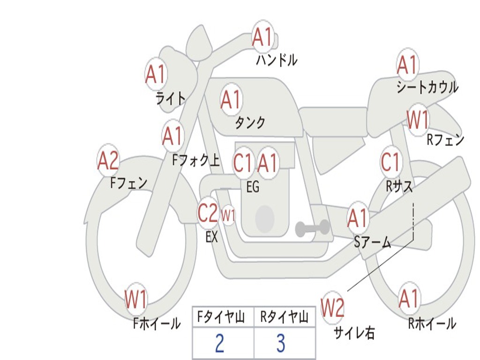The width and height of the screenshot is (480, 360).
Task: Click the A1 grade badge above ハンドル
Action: tap(262, 37)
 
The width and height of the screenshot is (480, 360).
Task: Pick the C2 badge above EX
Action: tap(208, 212)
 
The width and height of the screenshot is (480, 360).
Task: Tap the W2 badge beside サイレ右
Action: tap(332, 307)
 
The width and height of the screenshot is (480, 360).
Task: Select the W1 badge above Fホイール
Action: tap(136, 299)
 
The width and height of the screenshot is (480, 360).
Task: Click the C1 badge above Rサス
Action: tap(391, 161)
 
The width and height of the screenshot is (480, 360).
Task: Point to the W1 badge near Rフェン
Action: tap(418, 120)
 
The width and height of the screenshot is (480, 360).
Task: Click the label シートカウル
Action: tap(427, 87)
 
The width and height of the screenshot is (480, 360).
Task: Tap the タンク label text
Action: tap(250, 122)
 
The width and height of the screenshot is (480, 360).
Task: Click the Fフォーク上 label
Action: tap(196, 160)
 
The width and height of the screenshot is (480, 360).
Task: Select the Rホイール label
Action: tap(432, 323)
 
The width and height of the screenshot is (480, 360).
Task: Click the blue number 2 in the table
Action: tap(219, 343)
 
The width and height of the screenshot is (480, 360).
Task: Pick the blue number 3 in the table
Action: tap(281, 343)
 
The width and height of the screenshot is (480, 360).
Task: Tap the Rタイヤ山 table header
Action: tap(285, 317)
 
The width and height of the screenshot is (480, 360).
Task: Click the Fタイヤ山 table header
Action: tap(221, 317)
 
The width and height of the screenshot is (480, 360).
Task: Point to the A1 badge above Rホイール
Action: tap(409, 299)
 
